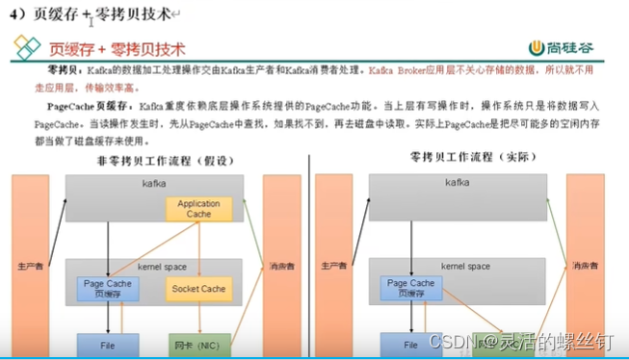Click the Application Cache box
point(199,209)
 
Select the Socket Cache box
point(198,289)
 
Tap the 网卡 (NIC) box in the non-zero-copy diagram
point(197,344)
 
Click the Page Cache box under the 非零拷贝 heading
point(107,288)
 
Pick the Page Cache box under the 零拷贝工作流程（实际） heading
point(410,288)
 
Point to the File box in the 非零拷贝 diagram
point(107,344)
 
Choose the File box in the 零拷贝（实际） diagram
point(410,344)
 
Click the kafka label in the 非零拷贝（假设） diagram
point(155,182)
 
